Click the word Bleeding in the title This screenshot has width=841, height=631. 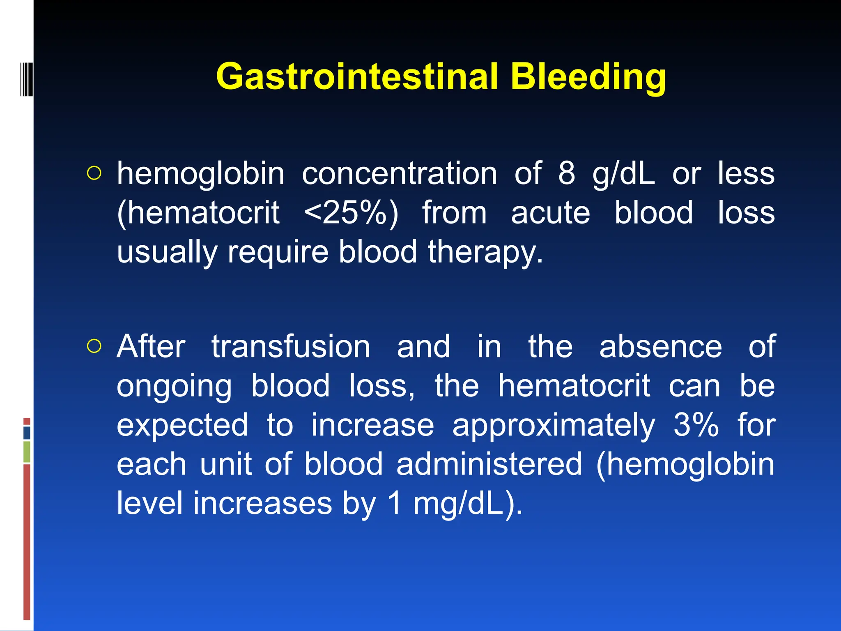point(588,77)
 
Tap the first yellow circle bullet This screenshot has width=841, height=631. point(94,174)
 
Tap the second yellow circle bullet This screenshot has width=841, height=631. point(94,347)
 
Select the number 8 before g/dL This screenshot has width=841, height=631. point(566,173)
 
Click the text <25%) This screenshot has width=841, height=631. point(351,212)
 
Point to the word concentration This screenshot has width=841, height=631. point(399,174)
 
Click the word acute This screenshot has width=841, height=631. point(550,213)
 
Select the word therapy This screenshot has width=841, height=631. point(485,252)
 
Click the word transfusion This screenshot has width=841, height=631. point(291,346)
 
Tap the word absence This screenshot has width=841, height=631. point(660,346)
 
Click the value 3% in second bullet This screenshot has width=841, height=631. point(696,425)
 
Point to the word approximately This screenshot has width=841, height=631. point(554,426)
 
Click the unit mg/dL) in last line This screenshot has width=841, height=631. point(467,503)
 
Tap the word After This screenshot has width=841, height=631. point(151,346)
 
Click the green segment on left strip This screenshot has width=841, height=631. point(27,452)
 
